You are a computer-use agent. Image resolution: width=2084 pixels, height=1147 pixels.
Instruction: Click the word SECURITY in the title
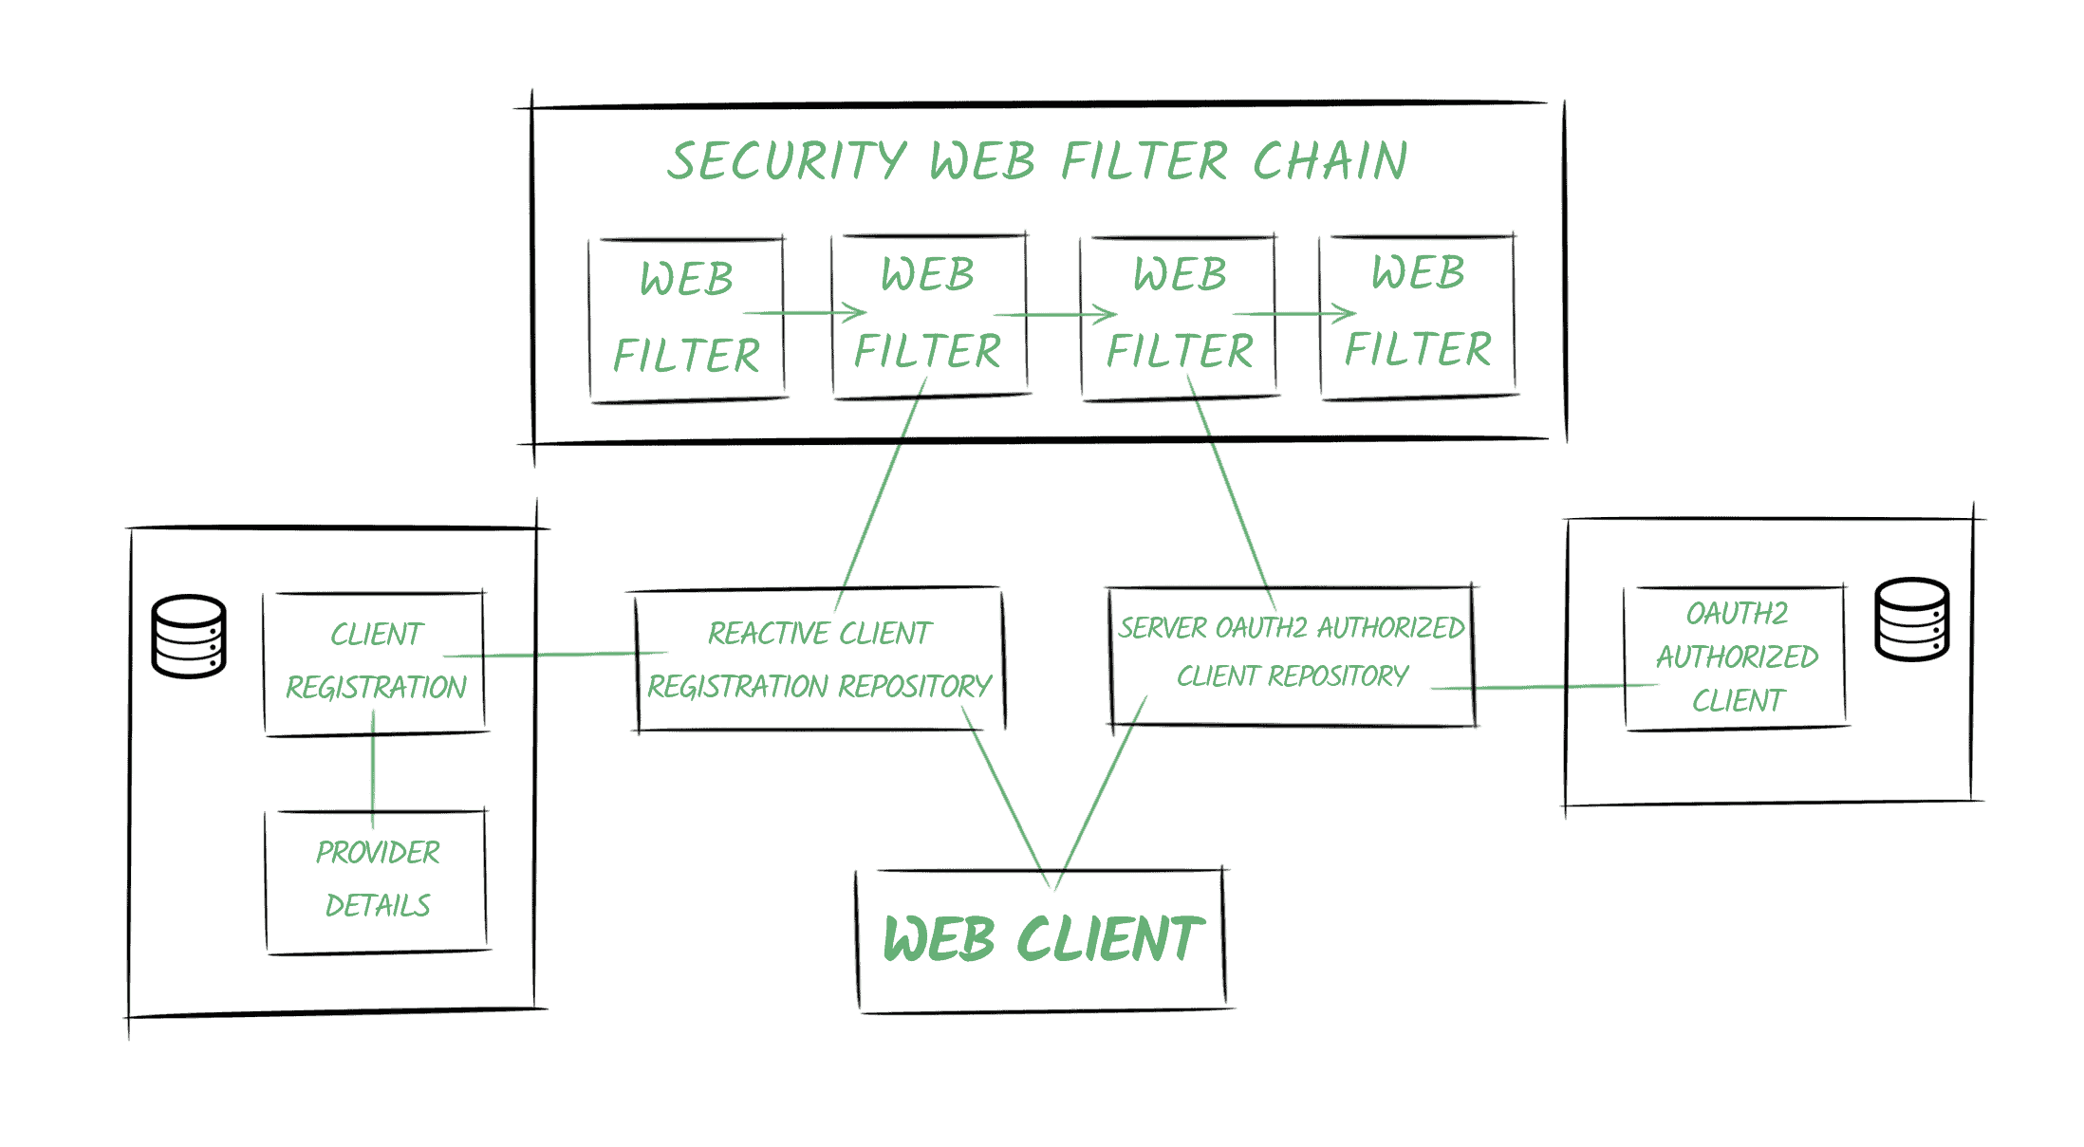pyautogui.click(x=786, y=160)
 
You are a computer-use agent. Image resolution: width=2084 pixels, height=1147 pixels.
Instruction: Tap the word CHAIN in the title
pyautogui.click(x=1330, y=160)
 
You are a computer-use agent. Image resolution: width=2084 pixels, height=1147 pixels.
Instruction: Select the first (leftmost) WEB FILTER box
pyautogui.click(x=686, y=318)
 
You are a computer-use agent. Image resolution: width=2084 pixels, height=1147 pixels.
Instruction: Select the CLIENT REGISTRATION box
pyautogui.click(x=376, y=662)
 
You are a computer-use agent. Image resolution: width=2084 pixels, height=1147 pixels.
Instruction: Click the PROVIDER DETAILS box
pyautogui.click(x=377, y=879)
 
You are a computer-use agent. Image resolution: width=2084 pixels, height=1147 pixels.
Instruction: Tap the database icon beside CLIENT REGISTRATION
pyautogui.click(x=189, y=637)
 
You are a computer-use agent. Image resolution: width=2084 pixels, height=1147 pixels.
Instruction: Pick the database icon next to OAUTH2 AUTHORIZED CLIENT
pyautogui.click(x=1912, y=620)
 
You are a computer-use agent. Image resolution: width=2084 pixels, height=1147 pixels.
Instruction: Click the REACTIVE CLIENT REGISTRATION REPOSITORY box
pyautogui.click(x=819, y=659)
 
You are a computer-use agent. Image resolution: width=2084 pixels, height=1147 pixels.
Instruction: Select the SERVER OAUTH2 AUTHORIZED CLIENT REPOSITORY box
pyautogui.click(x=1292, y=654)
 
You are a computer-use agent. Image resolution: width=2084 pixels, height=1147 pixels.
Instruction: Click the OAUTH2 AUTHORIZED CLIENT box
pyautogui.click(x=1737, y=657)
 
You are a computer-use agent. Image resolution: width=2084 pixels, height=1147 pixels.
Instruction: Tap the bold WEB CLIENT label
pyautogui.click(x=1042, y=939)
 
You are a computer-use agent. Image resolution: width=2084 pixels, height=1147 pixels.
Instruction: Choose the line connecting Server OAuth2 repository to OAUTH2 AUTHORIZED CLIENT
pyautogui.click(x=1547, y=687)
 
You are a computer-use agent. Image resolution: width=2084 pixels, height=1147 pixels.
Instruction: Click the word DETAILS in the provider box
pyautogui.click(x=378, y=906)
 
